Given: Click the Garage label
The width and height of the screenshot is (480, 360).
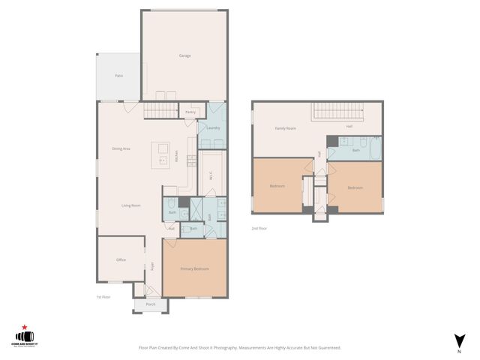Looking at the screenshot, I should pos(184,56).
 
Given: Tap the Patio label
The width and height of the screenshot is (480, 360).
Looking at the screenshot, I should pos(118,76).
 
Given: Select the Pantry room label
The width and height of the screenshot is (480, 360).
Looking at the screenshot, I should pos(190,112).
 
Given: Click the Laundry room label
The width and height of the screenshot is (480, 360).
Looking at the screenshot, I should pos(212,128).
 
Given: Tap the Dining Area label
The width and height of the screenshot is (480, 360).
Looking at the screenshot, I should pos(121,148).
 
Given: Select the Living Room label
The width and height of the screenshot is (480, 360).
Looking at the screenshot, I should pos(132,205).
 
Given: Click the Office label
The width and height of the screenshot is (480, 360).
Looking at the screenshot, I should pos(121,259).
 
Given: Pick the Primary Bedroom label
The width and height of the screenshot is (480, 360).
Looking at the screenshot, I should pos(194,268).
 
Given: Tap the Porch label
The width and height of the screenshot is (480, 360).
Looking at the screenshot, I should pos(151,304).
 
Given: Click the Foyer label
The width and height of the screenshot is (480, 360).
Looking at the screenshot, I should pos(152,265).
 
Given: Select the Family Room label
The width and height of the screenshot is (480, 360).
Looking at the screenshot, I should pos(285,128).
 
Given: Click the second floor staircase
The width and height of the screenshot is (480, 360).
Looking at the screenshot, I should pos(337,112).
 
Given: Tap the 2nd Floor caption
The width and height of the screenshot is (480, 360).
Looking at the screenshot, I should pos(259,228).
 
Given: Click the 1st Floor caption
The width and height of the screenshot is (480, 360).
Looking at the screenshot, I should pos(103,297).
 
